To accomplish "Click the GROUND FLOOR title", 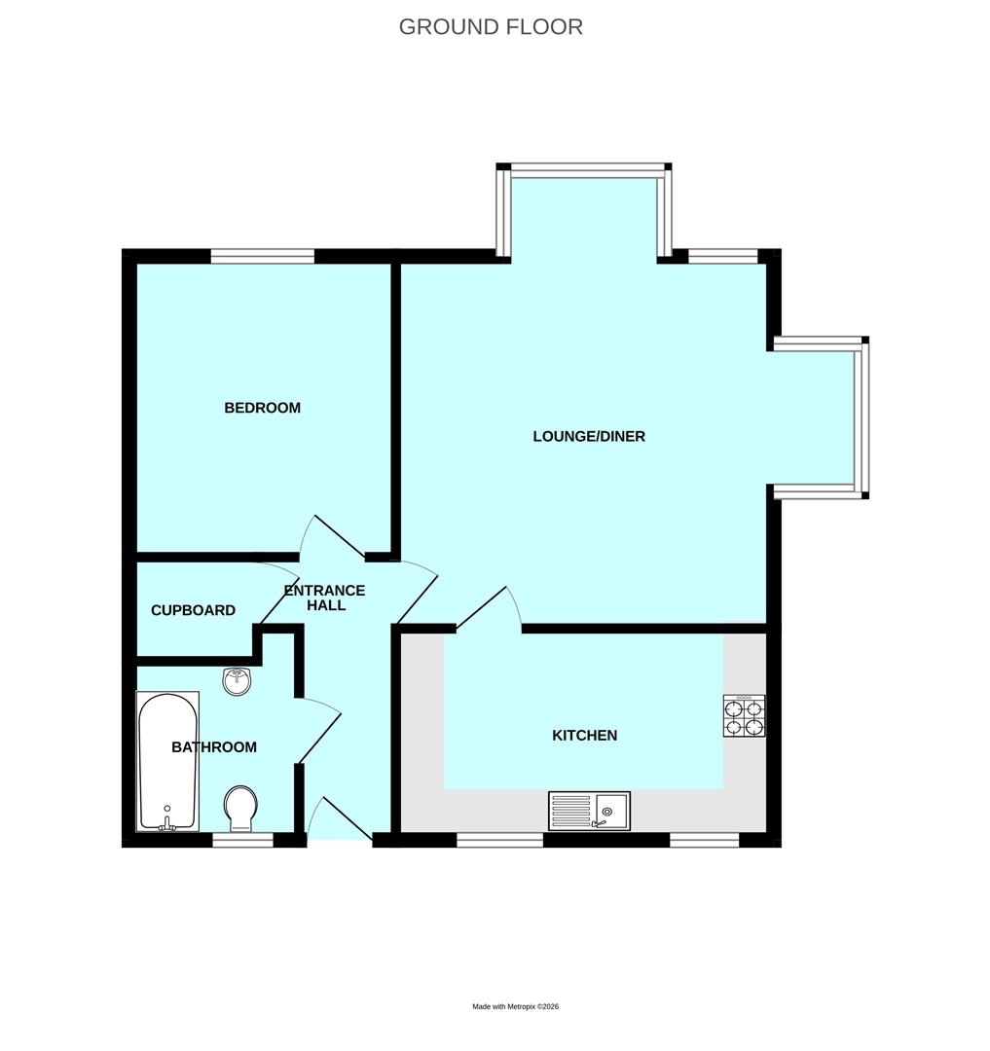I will point(491,27).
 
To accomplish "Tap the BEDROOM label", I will point(262,408).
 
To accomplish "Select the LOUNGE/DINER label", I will point(588,436).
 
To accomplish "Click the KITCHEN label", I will point(584,736).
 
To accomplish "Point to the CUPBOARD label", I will point(193,611).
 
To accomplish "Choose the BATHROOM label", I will point(214,747).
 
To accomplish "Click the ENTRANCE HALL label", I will point(323,598).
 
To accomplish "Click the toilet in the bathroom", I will point(240,809).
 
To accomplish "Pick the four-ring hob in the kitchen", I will point(744,716).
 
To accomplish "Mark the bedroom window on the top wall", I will point(263,256).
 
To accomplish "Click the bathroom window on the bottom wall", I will point(242,840).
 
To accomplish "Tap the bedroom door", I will point(334,536).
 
